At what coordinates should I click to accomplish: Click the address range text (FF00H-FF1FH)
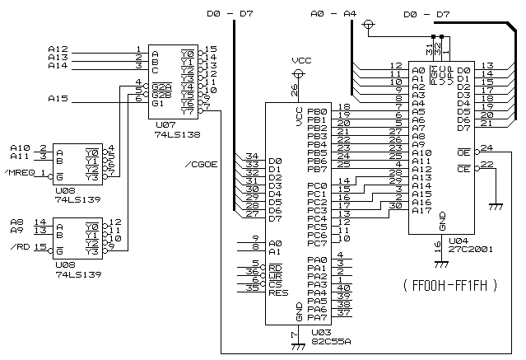451,286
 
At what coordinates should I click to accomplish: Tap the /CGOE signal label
202,164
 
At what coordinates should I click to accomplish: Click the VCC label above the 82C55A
301,61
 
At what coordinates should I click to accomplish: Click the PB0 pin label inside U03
317,111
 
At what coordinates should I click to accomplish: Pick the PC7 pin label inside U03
317,244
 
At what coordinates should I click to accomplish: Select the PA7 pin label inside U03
317,316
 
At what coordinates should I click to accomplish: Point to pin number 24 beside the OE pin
487,148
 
